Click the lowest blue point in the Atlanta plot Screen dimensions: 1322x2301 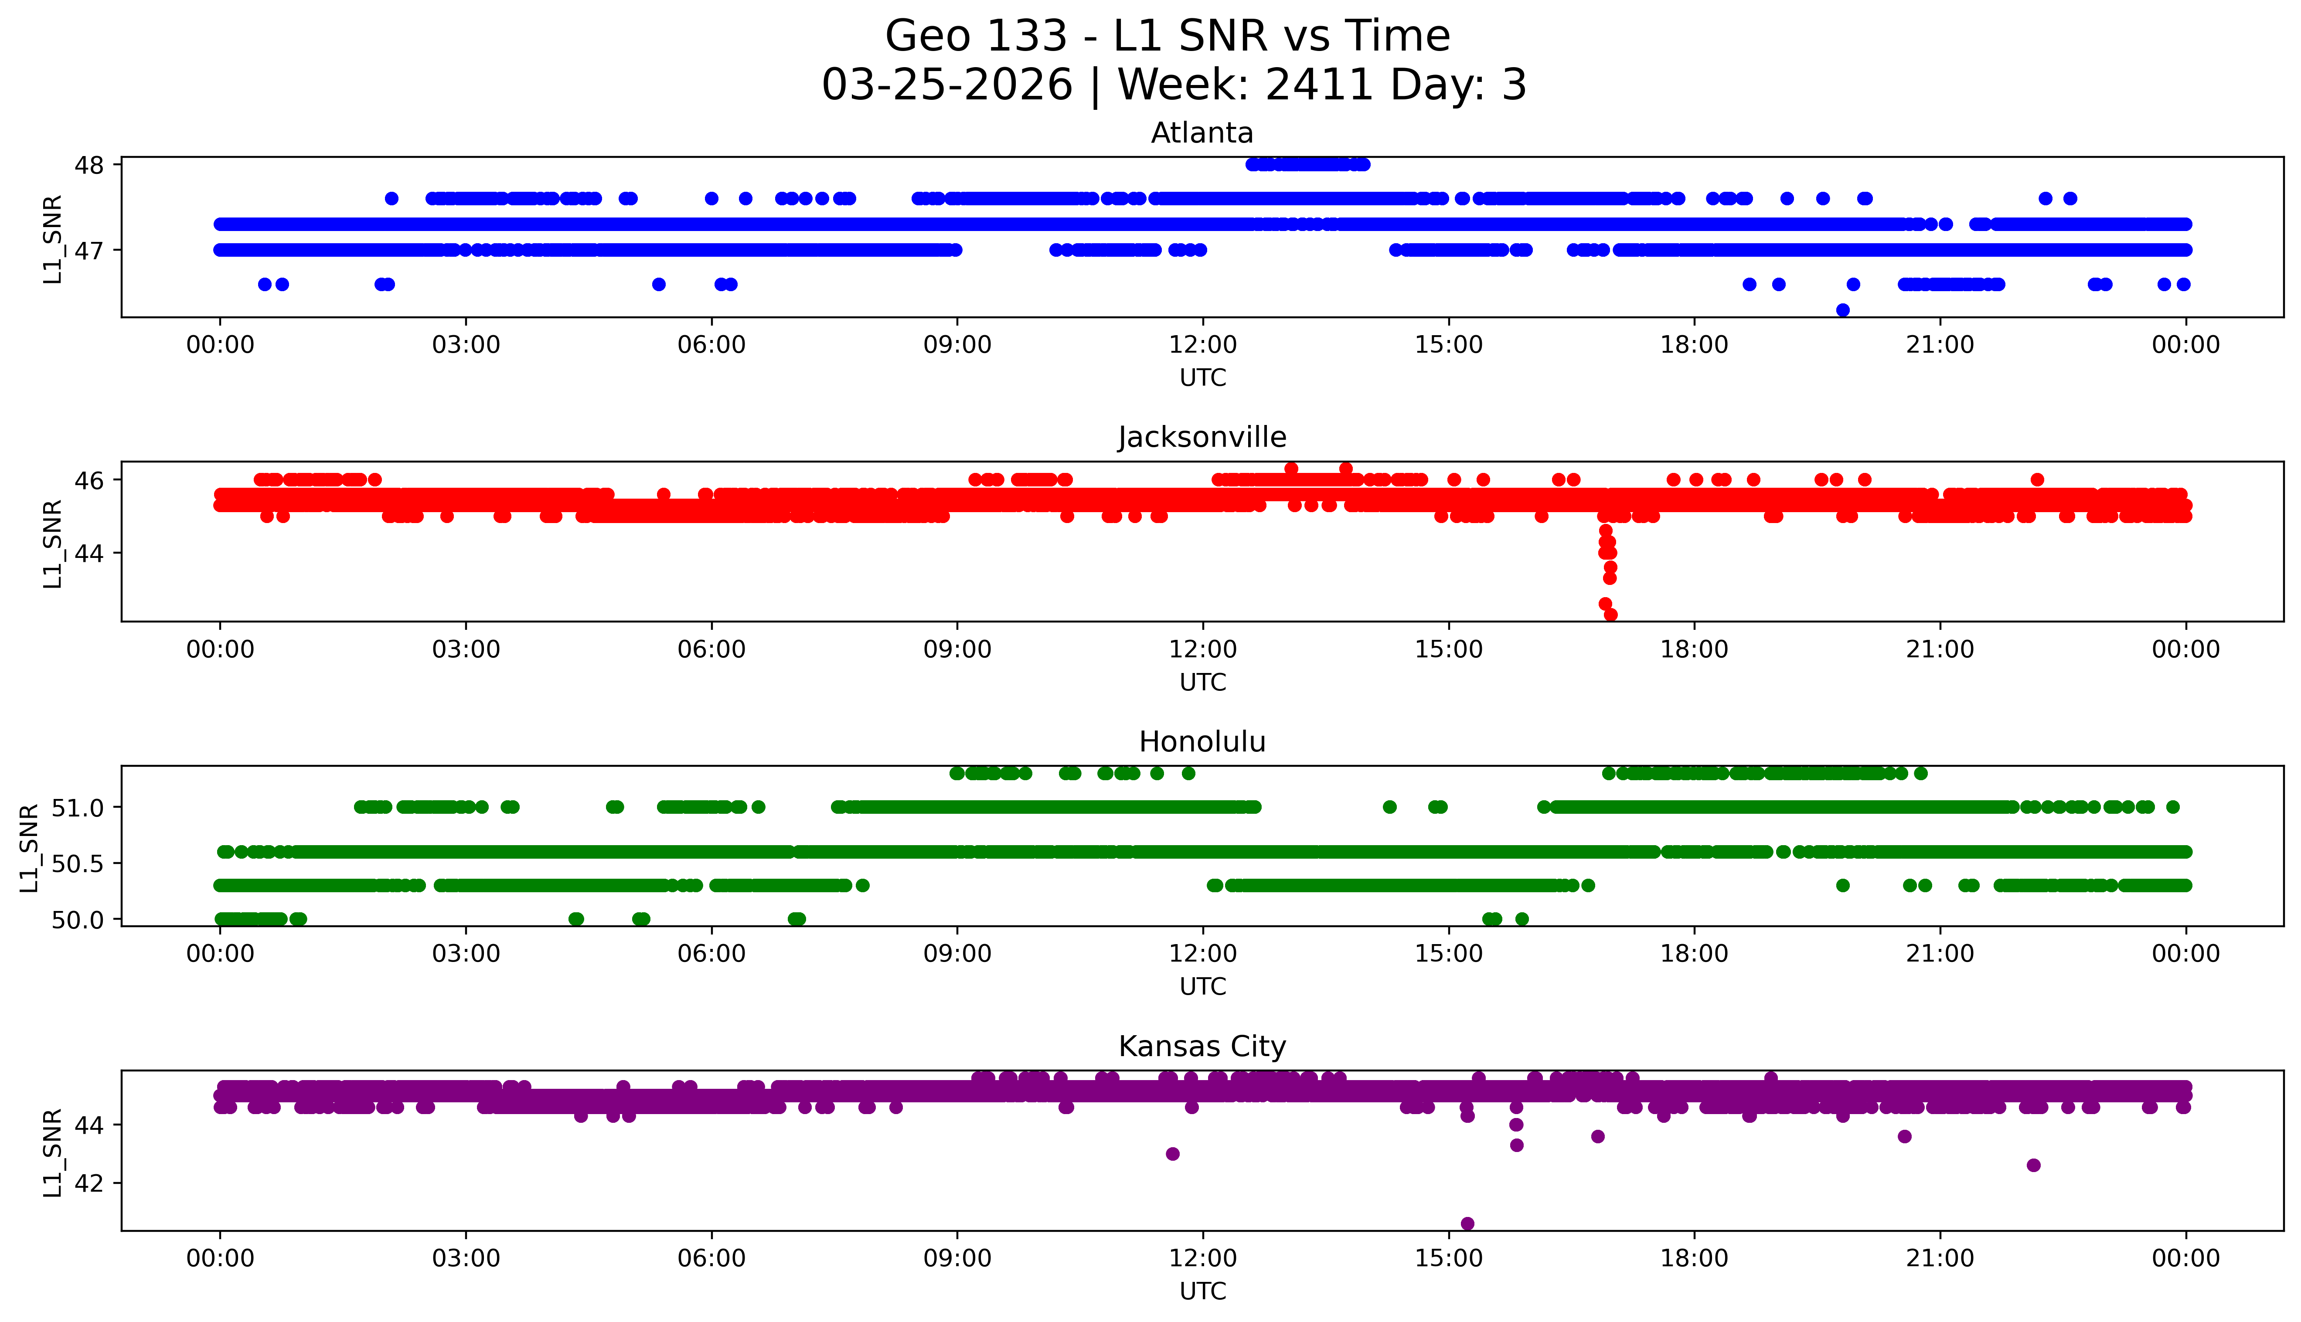pos(1842,310)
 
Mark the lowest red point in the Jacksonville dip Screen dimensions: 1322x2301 pos(1611,615)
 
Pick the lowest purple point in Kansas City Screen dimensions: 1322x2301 pos(1467,1224)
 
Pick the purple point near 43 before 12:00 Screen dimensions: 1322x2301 pos(1172,1154)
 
